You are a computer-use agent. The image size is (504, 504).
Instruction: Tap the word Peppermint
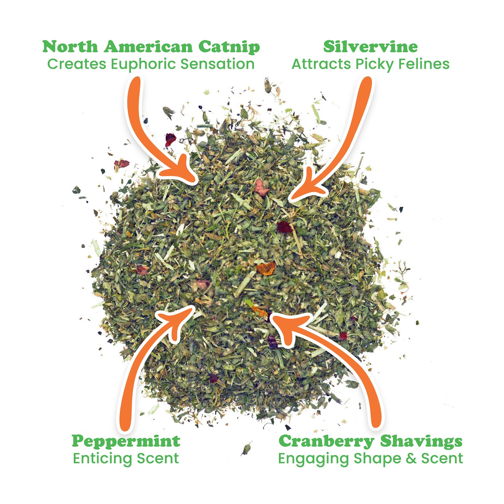click(126, 441)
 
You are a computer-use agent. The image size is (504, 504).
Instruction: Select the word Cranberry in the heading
click(326, 441)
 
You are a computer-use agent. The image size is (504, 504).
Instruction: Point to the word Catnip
click(229, 47)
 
